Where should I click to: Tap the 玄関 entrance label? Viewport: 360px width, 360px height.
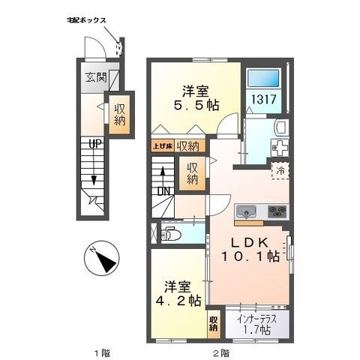point(94,76)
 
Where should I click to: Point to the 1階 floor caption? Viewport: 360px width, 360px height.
point(100,352)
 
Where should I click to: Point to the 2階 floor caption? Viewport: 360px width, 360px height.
point(220,352)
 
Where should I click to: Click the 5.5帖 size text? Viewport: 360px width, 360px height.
point(196,106)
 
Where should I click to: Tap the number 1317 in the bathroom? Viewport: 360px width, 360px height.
point(262,98)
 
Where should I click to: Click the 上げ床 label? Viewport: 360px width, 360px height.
point(163,146)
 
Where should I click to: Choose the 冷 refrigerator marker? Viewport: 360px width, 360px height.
point(279,170)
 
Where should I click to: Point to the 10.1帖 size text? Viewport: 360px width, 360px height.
point(250,256)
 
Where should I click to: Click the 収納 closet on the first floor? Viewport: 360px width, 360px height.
point(120,113)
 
